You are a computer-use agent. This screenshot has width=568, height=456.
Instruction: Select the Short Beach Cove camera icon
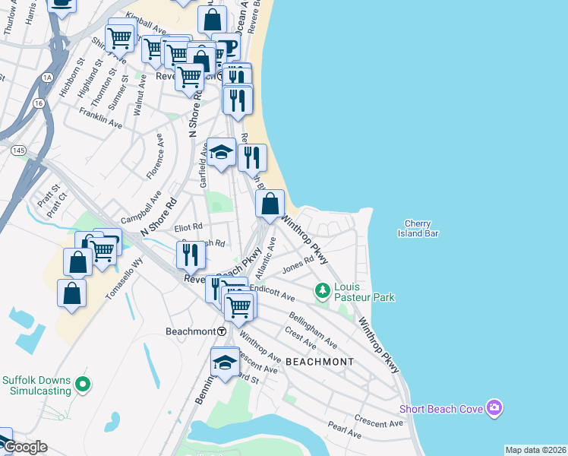495,409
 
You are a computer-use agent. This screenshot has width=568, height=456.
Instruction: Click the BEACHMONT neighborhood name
320,362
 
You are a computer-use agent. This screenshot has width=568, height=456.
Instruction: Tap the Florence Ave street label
154,156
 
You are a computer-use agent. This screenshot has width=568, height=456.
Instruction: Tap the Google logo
24,447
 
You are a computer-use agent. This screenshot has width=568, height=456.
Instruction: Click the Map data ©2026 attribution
535,450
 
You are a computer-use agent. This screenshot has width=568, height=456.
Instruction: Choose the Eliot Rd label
188,226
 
